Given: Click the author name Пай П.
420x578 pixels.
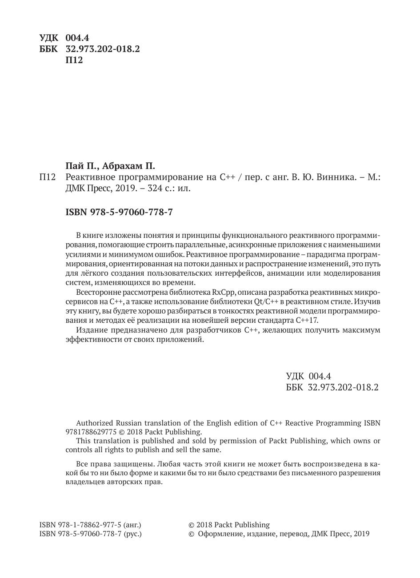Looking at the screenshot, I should coord(81,166).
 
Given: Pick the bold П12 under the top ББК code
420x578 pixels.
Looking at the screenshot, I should coord(74,60).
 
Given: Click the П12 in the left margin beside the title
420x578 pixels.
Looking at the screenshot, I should coord(47,177).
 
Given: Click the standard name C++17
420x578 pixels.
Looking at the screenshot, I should coord(307,320).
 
